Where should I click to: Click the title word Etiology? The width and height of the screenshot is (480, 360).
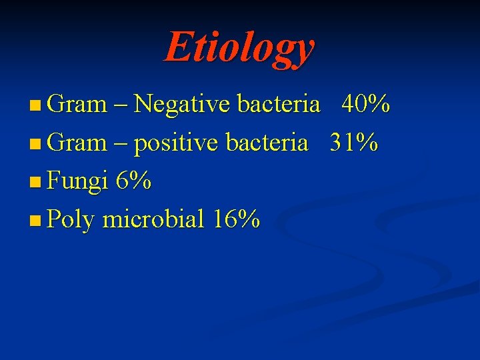[x=239, y=48]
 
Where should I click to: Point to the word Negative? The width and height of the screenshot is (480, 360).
[x=182, y=105]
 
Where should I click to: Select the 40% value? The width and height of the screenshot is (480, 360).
[x=365, y=105]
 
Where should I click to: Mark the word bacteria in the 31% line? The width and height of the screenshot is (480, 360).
[x=267, y=143]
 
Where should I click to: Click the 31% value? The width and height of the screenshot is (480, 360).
[x=354, y=143]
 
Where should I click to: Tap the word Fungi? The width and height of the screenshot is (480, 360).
[x=78, y=181]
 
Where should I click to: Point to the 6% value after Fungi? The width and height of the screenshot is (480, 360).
[x=133, y=181]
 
